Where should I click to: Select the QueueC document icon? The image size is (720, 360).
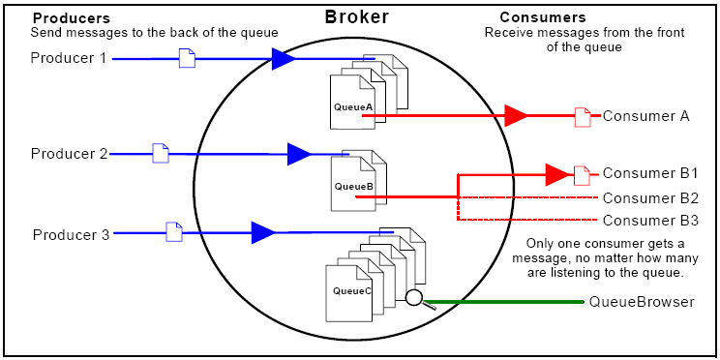click(352, 289)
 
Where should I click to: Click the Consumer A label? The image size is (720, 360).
click(645, 116)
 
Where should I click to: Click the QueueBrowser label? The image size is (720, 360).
click(642, 302)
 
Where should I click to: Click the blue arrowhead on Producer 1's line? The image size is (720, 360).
click(283, 60)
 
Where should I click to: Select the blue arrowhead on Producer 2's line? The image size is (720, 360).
click(299, 153)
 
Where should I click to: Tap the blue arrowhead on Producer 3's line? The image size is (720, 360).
click(262, 232)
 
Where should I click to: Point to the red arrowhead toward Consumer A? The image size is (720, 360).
click(516, 116)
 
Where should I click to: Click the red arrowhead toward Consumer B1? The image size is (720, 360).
click(556, 175)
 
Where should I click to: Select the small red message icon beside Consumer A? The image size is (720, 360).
click(583, 117)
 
